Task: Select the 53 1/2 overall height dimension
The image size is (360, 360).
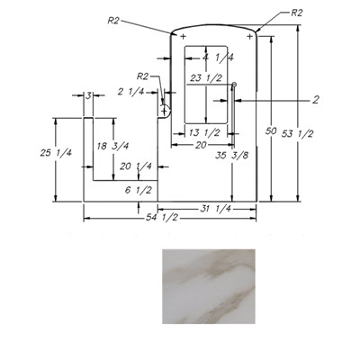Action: click(297, 134)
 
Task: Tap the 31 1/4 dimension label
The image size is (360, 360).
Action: click(215, 209)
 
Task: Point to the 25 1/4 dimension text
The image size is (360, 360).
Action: click(56, 153)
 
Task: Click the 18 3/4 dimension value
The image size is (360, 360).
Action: click(112, 146)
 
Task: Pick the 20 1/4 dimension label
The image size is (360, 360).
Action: click(136, 166)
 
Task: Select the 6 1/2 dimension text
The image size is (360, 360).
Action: click(139, 190)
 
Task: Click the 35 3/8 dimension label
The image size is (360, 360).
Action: click(232, 155)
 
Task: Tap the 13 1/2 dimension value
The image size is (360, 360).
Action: click(205, 132)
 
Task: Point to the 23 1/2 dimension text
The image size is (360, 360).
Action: click(206, 78)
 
